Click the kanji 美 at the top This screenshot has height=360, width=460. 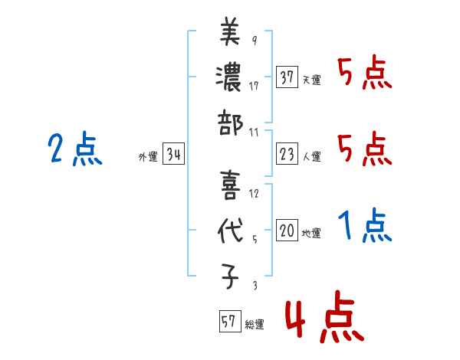[229, 34]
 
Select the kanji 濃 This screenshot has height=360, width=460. [229, 76]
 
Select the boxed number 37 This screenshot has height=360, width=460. [287, 77]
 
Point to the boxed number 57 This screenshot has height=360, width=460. [229, 322]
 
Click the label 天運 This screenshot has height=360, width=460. [311, 80]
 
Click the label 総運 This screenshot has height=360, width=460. [255, 325]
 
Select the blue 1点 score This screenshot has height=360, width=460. [365, 226]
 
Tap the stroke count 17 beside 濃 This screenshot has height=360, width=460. [254, 86]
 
